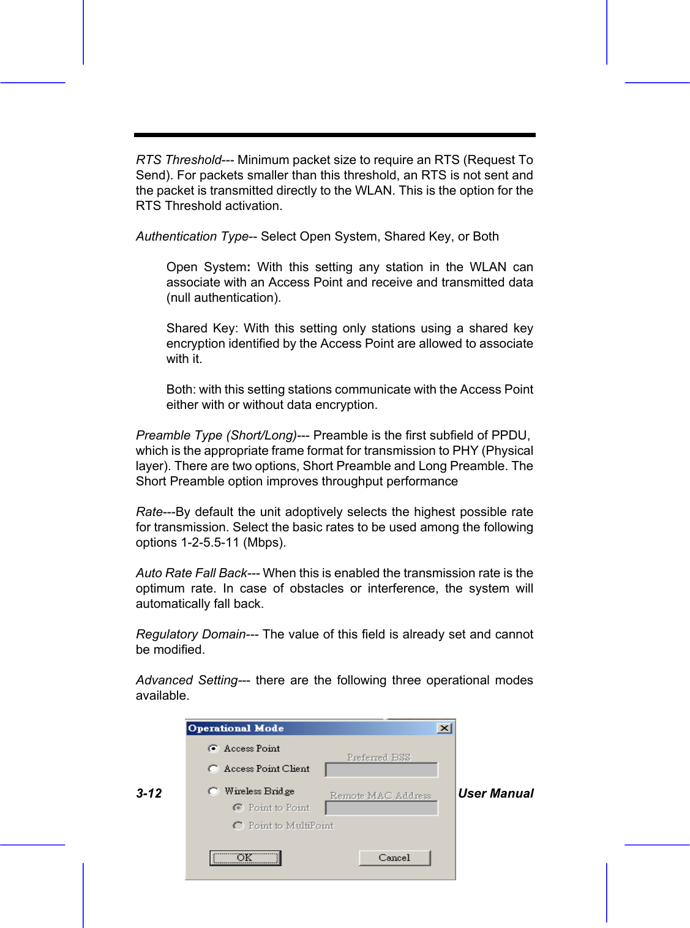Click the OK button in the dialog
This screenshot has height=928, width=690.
pyautogui.click(x=245, y=858)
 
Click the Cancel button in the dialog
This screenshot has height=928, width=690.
pyautogui.click(x=394, y=858)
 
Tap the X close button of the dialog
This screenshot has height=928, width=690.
pyautogui.click(x=445, y=728)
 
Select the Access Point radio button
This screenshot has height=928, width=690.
pyautogui.click(x=213, y=749)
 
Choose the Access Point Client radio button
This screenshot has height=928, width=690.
pyautogui.click(x=213, y=769)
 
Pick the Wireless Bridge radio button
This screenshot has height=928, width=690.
pyautogui.click(x=213, y=791)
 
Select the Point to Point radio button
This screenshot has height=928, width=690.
pyautogui.click(x=238, y=808)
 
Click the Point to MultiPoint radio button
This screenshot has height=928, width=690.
pyautogui.click(x=238, y=826)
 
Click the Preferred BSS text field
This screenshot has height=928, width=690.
pyautogui.click(x=381, y=769)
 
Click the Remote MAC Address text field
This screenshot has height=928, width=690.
pyautogui.click(x=381, y=808)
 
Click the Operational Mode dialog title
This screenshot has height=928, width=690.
pyautogui.click(x=236, y=728)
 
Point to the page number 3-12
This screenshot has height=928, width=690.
pyautogui.click(x=149, y=793)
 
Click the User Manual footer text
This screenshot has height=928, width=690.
pyautogui.click(x=496, y=793)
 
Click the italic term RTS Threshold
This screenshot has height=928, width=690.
pyautogui.click(x=178, y=160)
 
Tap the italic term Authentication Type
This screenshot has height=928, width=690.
pyautogui.click(x=192, y=236)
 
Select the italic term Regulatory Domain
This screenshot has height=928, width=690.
pyautogui.click(x=190, y=634)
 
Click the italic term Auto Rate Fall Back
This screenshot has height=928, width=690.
pyautogui.click(x=191, y=573)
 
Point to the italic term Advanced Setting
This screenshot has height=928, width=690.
pyautogui.click(x=187, y=680)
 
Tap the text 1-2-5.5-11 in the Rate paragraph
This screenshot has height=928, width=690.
pyautogui.click(x=209, y=542)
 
